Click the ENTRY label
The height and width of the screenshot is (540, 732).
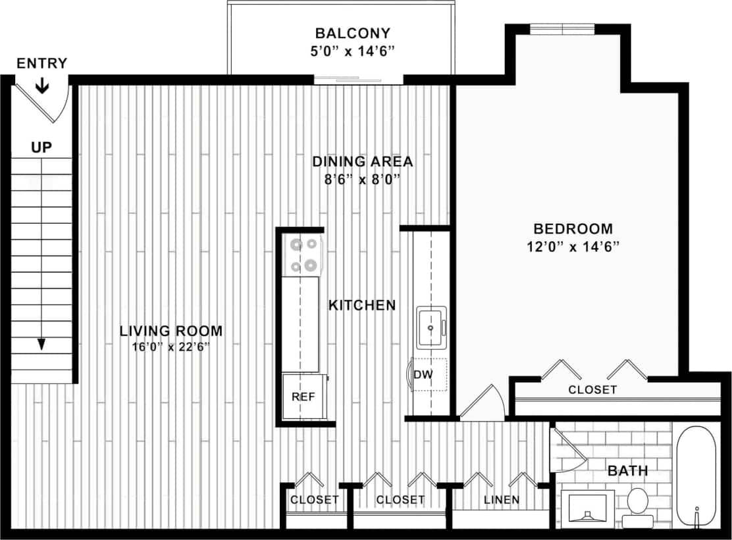coord(41,63)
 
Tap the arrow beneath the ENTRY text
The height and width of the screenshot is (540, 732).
coord(41,86)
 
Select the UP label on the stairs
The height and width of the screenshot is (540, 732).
coord(41,147)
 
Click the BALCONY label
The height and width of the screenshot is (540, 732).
coord(352,33)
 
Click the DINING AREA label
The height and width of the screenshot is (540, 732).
coord(362,161)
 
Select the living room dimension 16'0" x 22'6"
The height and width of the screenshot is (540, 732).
coord(170,347)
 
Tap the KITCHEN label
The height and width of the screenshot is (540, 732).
coord(362,305)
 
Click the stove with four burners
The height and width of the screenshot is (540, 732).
coord(303,255)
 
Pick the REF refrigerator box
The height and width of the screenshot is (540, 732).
coord(303,397)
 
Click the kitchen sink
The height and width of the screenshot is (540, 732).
coord(431,327)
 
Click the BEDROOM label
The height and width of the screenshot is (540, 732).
coord(573,229)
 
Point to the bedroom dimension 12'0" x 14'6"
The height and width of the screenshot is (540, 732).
coord(573,247)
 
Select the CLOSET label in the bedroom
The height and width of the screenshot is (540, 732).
coord(592,389)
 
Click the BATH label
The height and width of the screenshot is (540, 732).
coord(627,471)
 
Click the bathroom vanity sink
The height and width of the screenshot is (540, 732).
coord(586,508)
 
